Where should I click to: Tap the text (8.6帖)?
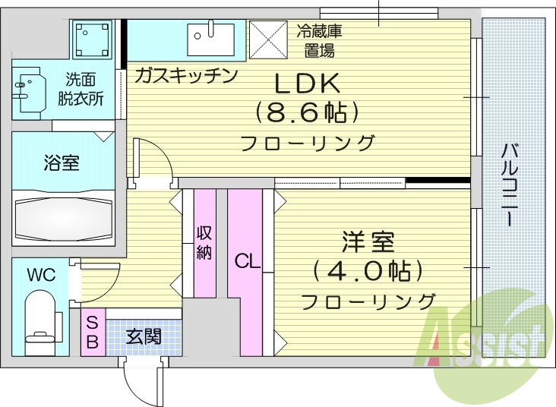307,114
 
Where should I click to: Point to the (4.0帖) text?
368,271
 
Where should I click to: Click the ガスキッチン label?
187,75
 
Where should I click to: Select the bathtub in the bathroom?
64,219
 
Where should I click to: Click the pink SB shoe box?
92,332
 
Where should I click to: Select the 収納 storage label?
204,242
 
